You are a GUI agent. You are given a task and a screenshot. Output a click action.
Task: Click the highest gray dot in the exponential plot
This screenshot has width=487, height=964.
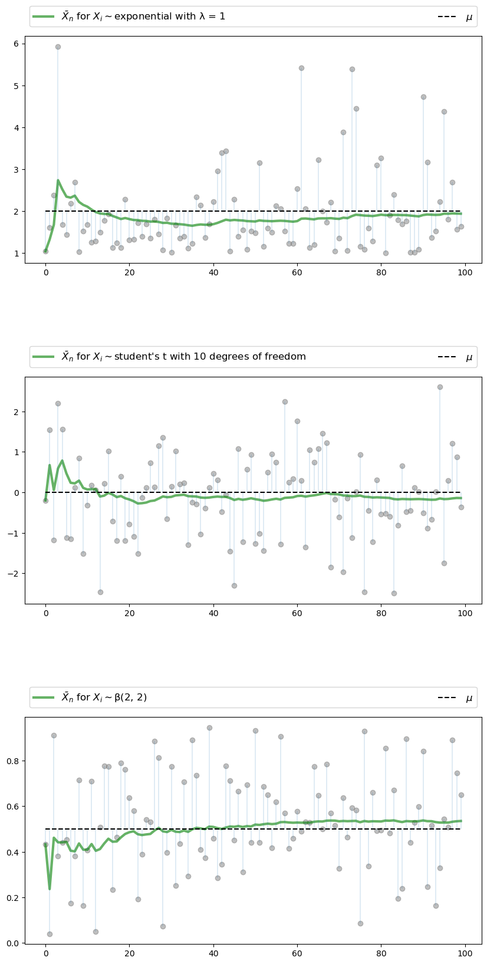(x=58, y=47)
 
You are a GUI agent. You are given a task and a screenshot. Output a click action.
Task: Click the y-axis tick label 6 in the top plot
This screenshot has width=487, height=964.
(x=17, y=44)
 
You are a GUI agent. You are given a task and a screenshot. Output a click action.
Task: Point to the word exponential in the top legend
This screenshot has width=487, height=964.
(x=140, y=17)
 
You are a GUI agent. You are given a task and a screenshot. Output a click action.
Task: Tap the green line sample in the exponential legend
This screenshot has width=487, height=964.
(x=44, y=17)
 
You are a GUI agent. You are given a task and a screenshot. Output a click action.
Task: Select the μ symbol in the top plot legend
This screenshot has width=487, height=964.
(x=469, y=17)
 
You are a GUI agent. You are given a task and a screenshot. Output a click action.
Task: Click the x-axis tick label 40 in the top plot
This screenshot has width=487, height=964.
(x=213, y=272)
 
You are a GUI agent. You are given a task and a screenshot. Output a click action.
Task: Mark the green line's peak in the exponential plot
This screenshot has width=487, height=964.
(x=58, y=180)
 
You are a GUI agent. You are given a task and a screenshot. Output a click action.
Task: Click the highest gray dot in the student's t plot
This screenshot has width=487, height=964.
(x=440, y=387)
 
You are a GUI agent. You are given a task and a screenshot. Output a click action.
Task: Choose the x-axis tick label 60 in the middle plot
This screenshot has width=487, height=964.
(x=297, y=613)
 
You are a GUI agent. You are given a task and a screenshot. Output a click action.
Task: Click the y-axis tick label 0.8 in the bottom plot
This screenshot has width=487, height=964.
(x=13, y=761)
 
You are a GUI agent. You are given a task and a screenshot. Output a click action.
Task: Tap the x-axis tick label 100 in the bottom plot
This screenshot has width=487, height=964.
(x=465, y=953)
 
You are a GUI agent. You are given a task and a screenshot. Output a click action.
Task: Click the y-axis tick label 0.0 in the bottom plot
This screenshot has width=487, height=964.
(x=13, y=943)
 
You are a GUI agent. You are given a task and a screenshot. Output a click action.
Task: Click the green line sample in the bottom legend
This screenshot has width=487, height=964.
(x=44, y=697)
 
